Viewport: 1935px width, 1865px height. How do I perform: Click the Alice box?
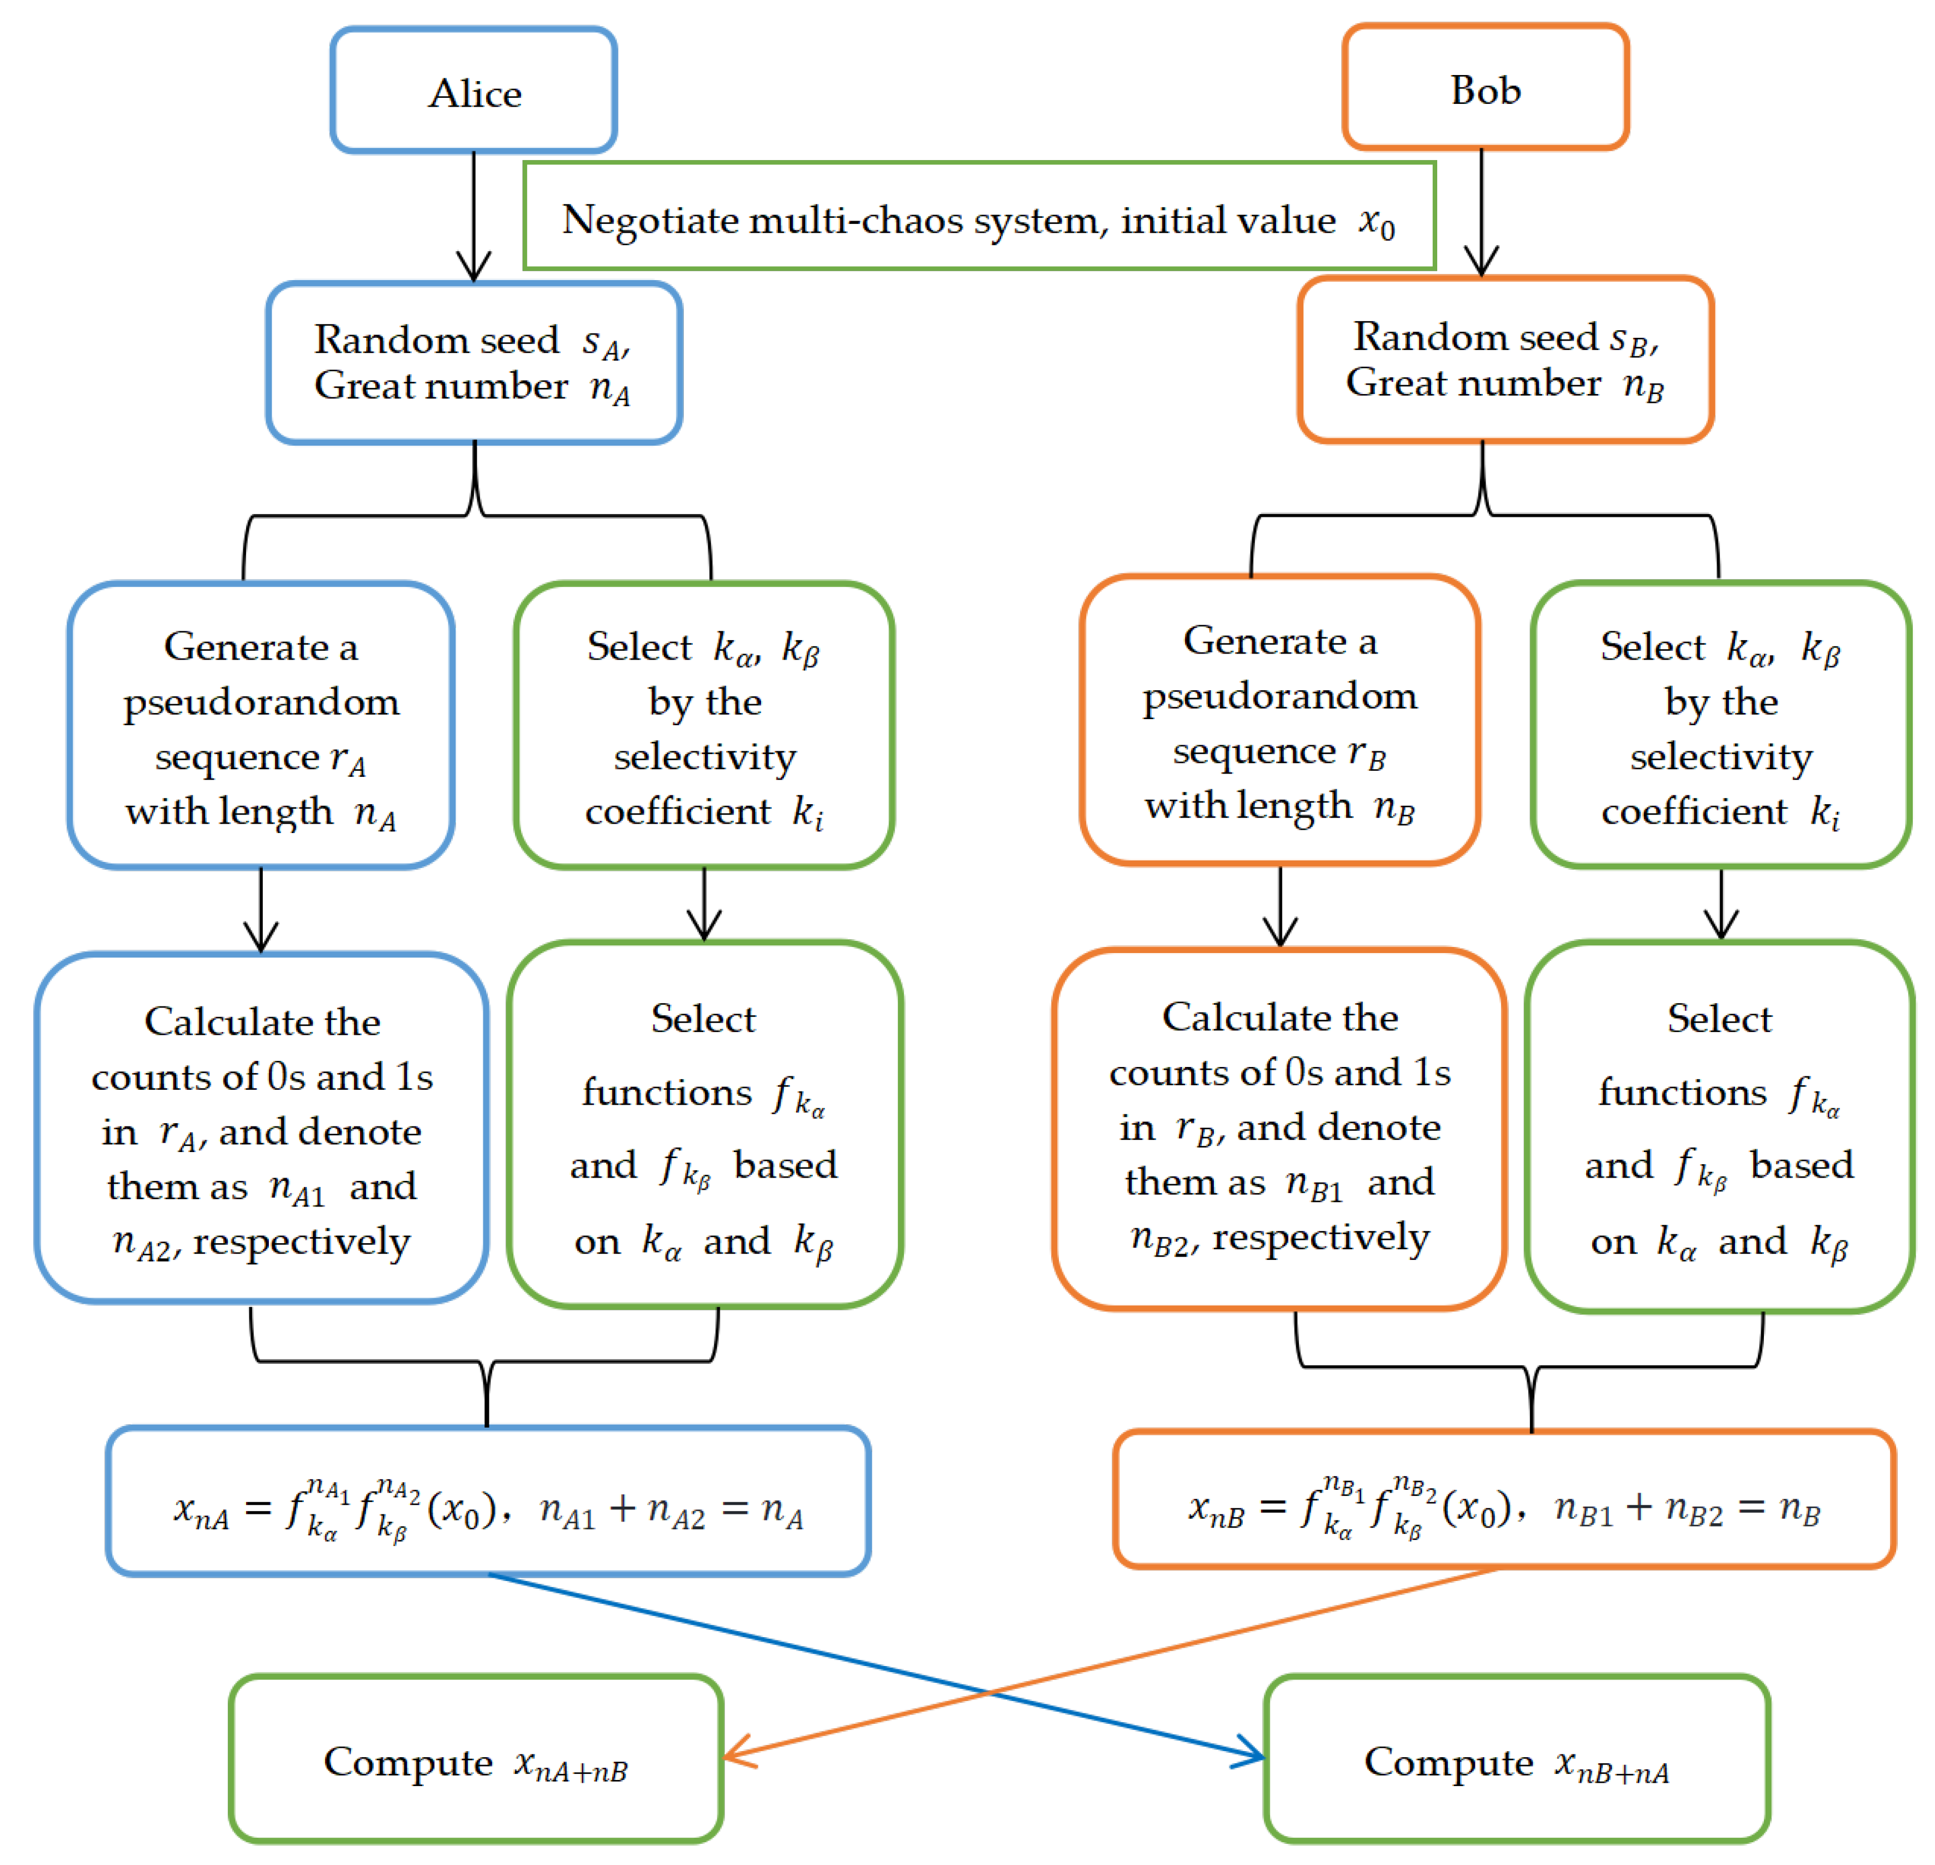click(474, 91)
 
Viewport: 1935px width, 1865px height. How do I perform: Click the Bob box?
click(1485, 89)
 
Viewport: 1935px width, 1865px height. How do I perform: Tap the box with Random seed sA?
click(474, 362)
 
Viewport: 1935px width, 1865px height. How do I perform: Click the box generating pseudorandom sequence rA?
click(261, 726)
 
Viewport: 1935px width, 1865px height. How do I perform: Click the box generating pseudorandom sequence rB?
click(1279, 721)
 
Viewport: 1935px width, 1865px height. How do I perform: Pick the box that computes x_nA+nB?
click(476, 1759)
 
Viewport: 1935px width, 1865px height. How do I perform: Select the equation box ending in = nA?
click(488, 1500)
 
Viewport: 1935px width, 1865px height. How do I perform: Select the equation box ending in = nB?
click(1503, 1499)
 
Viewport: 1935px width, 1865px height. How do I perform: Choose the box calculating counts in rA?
click(262, 1129)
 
